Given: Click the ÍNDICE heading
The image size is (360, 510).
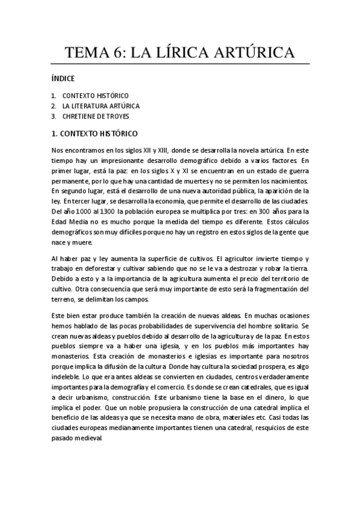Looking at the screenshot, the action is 63,79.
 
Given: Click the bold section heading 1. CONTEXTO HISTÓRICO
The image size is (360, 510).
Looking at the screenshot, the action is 95,132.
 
